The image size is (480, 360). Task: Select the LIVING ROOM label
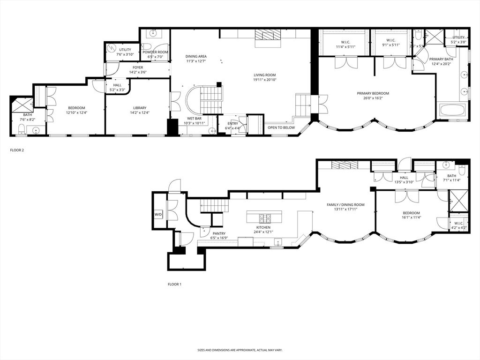265,75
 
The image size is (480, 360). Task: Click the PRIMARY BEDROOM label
373,93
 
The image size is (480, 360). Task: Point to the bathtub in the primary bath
452,112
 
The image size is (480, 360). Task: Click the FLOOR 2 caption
16,150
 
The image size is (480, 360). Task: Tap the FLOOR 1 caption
174,285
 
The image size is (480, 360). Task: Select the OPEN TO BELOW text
281,127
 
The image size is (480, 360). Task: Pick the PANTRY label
219,233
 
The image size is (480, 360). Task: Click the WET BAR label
194,118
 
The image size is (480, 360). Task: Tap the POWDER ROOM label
156,52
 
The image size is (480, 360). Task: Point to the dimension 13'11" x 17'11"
345,210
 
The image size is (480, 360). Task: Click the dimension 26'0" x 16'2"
373,98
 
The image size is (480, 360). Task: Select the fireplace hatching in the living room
266,36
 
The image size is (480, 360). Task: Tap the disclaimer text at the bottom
240,350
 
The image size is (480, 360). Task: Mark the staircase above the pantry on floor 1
214,205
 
